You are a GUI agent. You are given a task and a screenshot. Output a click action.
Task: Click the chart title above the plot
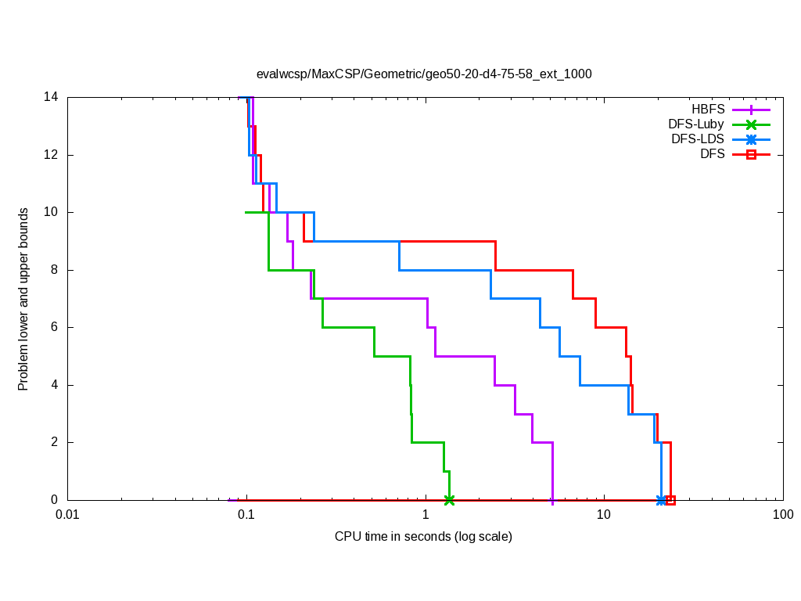coord(424,74)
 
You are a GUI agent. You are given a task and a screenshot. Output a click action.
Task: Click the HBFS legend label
coord(707,110)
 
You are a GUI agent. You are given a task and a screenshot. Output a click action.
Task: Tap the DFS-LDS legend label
coord(697,139)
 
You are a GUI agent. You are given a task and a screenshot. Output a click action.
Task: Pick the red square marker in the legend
coord(750,154)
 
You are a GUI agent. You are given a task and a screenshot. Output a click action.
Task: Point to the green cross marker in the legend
coord(750,124)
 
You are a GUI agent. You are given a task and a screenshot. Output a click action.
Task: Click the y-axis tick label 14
coord(51,98)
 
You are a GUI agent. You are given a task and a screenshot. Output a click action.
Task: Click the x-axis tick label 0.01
coord(67,515)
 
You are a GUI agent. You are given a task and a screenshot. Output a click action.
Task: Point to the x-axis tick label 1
coord(426,515)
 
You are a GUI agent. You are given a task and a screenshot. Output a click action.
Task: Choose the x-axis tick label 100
coord(782,515)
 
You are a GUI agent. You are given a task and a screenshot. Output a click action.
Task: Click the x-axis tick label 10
coord(604,515)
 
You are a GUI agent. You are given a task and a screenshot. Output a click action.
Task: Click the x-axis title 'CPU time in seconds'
coord(423,537)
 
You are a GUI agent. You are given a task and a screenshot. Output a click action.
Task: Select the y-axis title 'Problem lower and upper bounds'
coord(23,299)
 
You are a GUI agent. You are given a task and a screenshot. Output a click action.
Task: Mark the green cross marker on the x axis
coord(449,500)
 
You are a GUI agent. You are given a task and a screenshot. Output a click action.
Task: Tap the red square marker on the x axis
coord(670,500)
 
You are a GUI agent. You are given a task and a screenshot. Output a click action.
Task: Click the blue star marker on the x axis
coord(661,500)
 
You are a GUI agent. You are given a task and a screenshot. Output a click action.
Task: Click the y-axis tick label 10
coord(51,212)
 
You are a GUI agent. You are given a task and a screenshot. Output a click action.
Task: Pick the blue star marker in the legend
coord(750,139)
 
